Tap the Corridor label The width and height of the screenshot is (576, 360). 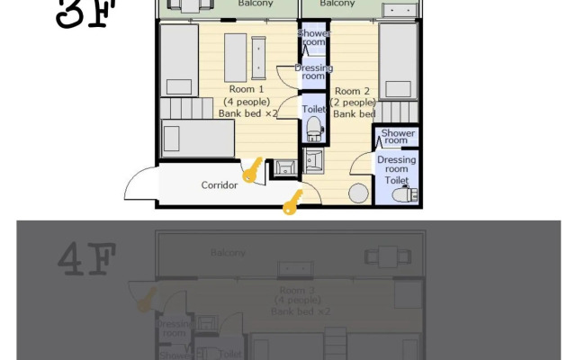219,185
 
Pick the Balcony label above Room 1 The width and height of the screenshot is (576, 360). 256,4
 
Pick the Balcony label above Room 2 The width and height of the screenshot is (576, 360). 337,4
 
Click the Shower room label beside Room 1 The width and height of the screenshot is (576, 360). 314,38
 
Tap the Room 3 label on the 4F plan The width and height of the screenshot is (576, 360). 297,291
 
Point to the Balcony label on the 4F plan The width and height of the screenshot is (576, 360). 228,253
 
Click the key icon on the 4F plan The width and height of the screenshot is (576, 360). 142,298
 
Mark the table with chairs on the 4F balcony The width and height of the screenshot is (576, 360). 376,256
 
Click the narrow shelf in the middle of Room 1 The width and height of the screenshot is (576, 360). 258,57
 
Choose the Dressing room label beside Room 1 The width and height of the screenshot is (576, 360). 313,72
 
